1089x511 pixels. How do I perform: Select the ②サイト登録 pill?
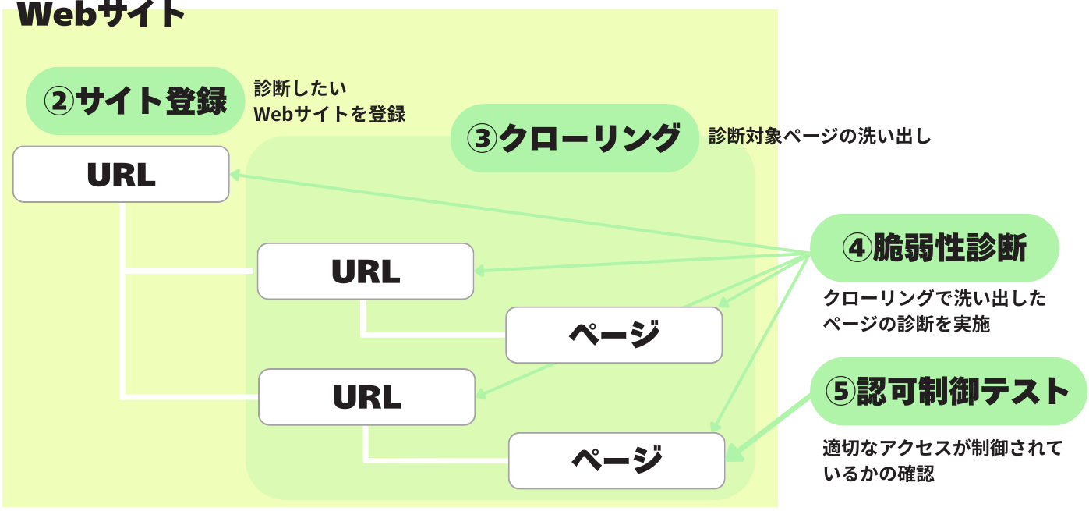[135, 101]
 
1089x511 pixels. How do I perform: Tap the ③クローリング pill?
[574, 138]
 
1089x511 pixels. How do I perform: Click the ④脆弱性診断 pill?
[935, 248]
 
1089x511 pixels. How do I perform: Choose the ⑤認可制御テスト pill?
[948, 392]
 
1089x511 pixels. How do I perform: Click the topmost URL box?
[121, 174]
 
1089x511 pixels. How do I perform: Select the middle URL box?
[366, 271]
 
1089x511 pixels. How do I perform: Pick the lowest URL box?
[366, 397]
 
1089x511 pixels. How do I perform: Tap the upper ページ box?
[613, 335]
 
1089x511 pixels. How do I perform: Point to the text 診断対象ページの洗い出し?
[819, 137]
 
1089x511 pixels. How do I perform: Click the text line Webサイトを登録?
[330, 114]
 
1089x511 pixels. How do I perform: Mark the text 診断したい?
[300, 88]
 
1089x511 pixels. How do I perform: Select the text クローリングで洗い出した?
[935, 298]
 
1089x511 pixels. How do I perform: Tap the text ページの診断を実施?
[907, 324]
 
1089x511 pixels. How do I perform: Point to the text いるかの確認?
[878, 473]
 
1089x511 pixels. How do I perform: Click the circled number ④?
[855, 249]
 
